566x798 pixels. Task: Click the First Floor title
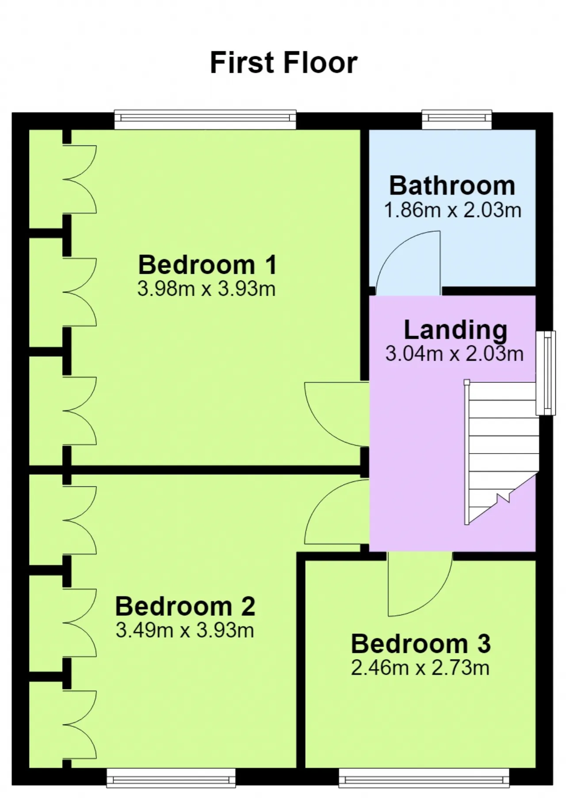[x=283, y=62]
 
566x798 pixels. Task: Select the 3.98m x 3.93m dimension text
[x=207, y=289]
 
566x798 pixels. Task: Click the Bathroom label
[x=452, y=185]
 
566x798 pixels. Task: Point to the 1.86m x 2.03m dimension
[x=452, y=210]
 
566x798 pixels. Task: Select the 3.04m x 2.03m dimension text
[x=454, y=354]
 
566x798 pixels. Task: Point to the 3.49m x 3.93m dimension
[x=185, y=630]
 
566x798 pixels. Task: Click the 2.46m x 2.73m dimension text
[x=420, y=668]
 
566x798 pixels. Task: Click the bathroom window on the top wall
[x=457, y=119]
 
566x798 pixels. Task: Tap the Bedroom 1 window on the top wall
[x=205, y=119]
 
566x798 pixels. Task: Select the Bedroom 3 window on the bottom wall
[x=424, y=778]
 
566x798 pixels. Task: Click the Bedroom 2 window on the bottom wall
[x=171, y=778]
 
